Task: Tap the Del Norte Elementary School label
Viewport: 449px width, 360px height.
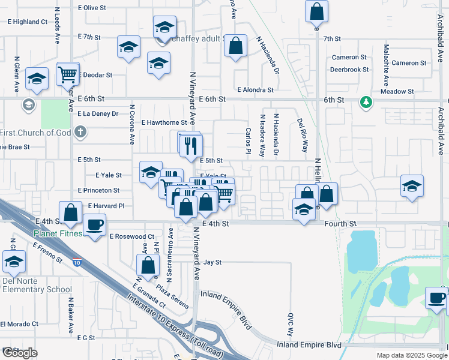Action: tap(37, 285)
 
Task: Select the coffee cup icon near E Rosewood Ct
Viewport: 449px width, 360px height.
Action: tap(94, 226)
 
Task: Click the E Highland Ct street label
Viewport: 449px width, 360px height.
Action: tap(29, 22)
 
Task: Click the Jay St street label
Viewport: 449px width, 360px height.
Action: tap(212, 262)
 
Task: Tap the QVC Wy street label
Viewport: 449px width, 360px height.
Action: tap(290, 324)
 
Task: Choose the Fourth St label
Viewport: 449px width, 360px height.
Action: tap(340, 224)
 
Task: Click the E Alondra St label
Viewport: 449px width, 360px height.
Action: tap(255, 90)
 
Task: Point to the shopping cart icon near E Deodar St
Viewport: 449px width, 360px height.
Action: tap(68, 74)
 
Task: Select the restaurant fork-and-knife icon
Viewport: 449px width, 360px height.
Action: tap(191, 144)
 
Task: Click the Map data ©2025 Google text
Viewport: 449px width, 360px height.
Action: tap(412, 355)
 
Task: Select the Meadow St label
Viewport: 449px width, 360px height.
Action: tap(398, 92)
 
